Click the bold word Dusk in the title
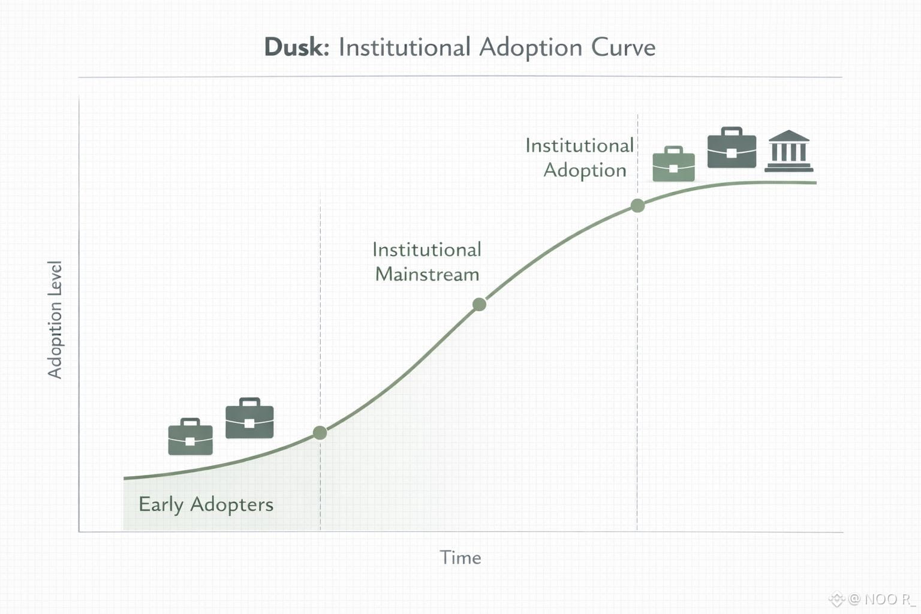[x=296, y=47]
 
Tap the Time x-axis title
[x=460, y=558]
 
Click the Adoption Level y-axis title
[x=55, y=320]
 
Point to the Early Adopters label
[x=206, y=504]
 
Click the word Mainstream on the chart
[x=427, y=275]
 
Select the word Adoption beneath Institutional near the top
[x=585, y=170]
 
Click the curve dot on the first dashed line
[x=320, y=432]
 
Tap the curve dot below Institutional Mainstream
[x=479, y=305]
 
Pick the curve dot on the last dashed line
[x=637, y=206]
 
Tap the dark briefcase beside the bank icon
[x=732, y=148]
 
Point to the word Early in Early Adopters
[x=161, y=504]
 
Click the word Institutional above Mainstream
[x=427, y=249]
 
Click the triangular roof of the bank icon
[x=788, y=136]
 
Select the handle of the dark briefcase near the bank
[x=732, y=130]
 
